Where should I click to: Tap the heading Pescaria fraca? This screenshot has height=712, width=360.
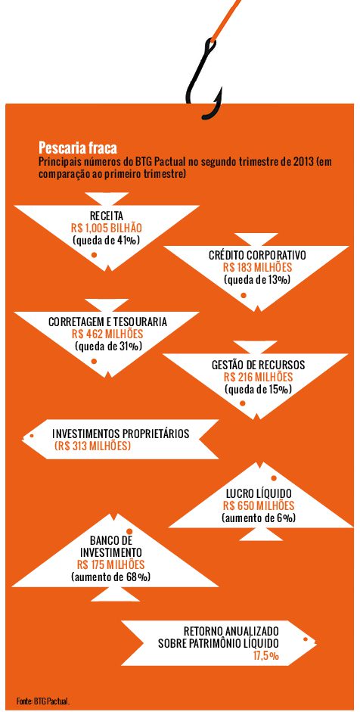[x=77, y=148]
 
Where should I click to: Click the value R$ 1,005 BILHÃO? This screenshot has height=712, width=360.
[x=107, y=228]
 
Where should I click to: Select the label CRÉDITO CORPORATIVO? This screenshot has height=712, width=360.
[x=257, y=255]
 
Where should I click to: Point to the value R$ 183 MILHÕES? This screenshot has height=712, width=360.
[x=257, y=267]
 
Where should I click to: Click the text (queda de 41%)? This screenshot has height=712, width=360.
[x=107, y=240]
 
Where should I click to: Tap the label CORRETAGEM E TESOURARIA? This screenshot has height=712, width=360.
[x=107, y=322]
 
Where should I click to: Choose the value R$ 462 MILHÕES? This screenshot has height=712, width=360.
[x=107, y=334]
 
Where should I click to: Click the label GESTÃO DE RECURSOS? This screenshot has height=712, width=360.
[x=259, y=365]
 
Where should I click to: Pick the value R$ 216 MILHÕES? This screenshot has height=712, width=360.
[x=259, y=377]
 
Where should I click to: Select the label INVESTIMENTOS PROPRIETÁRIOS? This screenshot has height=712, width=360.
[x=120, y=434]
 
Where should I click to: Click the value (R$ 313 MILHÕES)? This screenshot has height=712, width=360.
[x=92, y=446]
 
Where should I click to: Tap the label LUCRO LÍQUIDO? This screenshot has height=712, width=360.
[x=259, y=493]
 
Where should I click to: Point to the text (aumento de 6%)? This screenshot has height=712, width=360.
[x=259, y=518]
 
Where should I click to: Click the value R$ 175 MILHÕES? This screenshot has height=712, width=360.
[x=110, y=564]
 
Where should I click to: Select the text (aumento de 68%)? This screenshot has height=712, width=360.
[x=110, y=577]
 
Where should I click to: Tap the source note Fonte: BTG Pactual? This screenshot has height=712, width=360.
[x=43, y=701]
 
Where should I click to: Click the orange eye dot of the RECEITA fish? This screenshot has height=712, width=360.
[x=94, y=255]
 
